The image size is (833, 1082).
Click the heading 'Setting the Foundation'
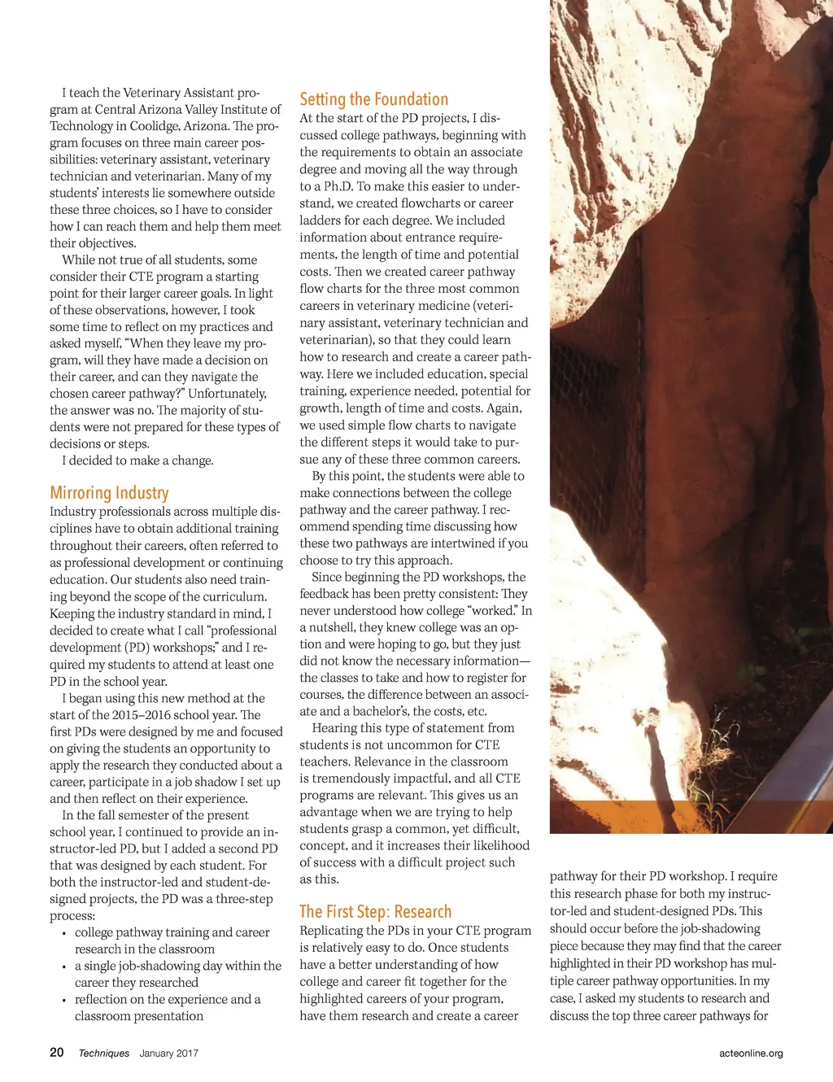pyautogui.click(x=373, y=99)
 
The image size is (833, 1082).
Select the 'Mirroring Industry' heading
pyautogui.click(x=109, y=493)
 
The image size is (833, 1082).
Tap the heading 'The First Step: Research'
pyautogui.click(x=375, y=911)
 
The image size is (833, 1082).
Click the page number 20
pyautogui.click(x=57, y=1052)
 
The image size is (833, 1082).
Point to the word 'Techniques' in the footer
pyautogui.click(x=104, y=1053)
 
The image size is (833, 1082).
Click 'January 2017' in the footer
pyautogui.click(x=168, y=1053)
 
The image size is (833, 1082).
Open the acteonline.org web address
pyautogui.click(x=751, y=1053)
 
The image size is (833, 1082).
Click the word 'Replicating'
pyautogui.click(x=332, y=931)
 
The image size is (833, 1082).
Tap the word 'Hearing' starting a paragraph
pyautogui.click(x=336, y=728)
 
